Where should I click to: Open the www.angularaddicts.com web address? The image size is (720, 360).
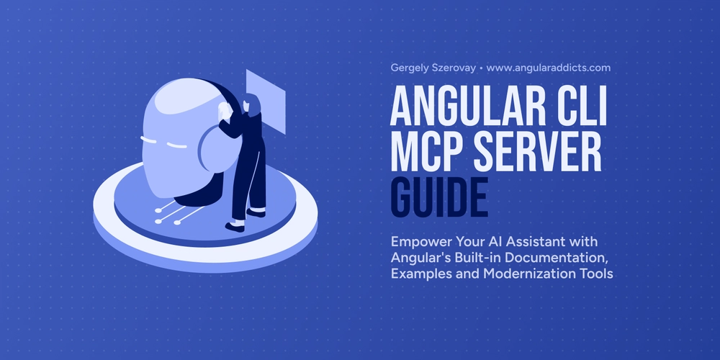click(x=548, y=68)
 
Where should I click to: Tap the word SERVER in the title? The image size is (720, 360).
click(x=533, y=150)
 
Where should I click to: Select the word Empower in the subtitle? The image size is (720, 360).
click(x=415, y=241)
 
